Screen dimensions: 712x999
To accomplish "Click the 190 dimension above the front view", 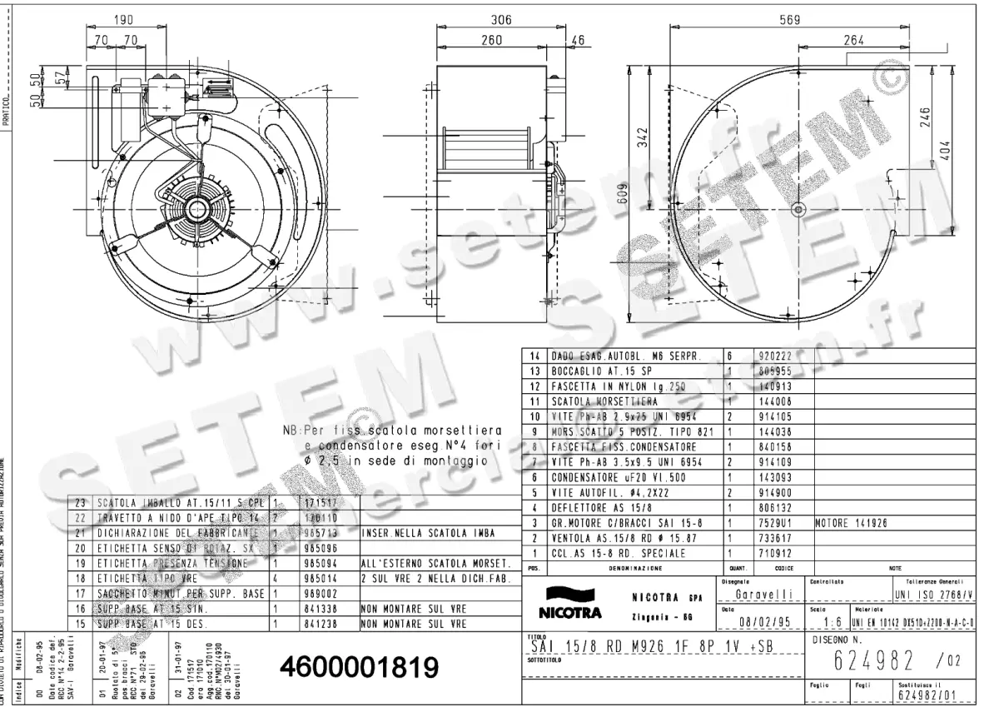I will pyautogui.click(x=124, y=20).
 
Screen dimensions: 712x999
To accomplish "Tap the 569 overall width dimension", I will pyautogui.click(x=790, y=20).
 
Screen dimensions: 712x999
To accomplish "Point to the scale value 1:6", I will pyautogui.click(x=828, y=621).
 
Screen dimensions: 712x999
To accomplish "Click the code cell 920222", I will pyautogui.click(x=770, y=355).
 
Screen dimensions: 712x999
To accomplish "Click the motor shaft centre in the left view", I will pyautogui.click(x=199, y=208).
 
